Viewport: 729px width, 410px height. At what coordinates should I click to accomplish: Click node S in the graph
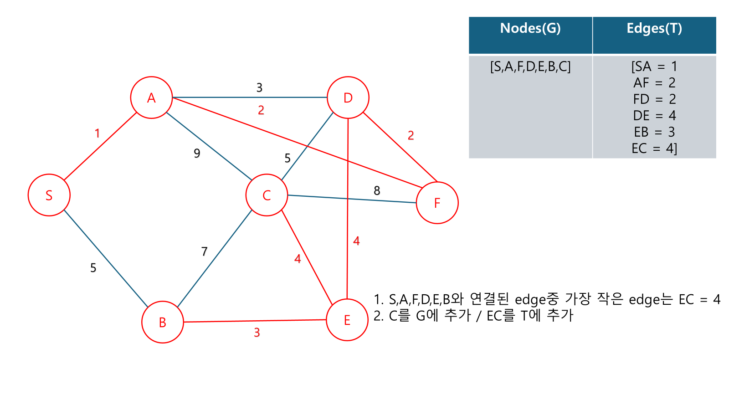pos(49,195)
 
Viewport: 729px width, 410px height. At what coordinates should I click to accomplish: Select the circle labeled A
pos(151,97)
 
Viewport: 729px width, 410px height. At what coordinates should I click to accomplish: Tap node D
pos(348,97)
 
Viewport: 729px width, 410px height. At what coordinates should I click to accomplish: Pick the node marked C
pos(267,195)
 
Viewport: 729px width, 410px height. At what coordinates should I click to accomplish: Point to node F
pos(437,203)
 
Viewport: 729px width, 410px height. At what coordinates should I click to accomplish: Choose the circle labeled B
pos(163,322)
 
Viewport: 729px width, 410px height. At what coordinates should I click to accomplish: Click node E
pos(347,320)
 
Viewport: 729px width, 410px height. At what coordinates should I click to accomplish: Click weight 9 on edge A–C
pos(197,154)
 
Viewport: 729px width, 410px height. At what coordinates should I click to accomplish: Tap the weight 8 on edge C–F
pos(377,191)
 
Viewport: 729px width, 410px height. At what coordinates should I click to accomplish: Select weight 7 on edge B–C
pos(204,251)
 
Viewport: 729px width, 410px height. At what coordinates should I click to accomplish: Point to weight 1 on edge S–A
pos(97,133)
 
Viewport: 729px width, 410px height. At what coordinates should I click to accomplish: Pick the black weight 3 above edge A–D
pos(259,87)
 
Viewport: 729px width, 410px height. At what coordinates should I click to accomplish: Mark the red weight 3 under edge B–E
pos(257,333)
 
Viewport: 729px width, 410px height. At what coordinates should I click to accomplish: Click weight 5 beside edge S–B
pos(93,268)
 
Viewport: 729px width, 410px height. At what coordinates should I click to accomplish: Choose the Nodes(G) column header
pos(530,29)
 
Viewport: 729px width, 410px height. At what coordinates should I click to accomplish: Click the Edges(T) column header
pos(654,29)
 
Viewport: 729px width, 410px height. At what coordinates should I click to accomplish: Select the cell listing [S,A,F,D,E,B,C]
pos(530,67)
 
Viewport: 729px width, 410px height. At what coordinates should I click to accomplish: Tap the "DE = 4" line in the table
pos(654,116)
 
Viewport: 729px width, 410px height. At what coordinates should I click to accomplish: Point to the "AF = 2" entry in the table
pos(654,83)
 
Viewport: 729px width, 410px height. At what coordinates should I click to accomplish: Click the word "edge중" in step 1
pos(537,299)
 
